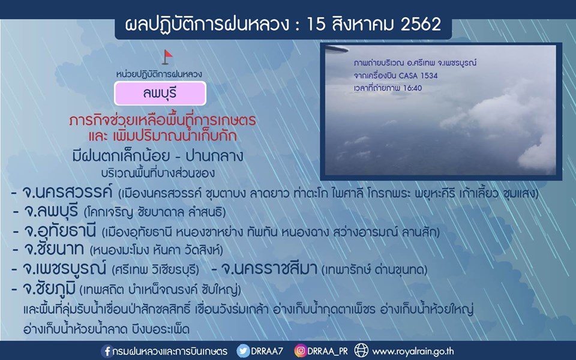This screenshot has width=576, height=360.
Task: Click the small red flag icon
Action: pos(167,57)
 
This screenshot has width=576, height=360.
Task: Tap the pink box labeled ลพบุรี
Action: pos(160,94)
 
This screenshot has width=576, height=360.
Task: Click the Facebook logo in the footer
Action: pos(107,351)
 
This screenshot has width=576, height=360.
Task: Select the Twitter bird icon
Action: pos(243,351)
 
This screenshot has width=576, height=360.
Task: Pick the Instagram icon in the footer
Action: pos(301,351)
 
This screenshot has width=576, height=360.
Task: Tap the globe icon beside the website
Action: pos(361,351)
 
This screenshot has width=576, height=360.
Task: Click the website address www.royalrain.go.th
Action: pos(413,352)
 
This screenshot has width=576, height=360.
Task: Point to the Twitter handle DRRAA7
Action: pos(266,351)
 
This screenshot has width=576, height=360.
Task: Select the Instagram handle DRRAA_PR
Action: pos(328,352)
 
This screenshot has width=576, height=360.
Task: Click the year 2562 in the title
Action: pos(421,24)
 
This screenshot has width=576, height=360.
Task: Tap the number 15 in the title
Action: pos(316,24)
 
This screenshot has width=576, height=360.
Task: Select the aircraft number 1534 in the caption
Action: pos(429,76)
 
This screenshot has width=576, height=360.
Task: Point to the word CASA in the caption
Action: pos(409,76)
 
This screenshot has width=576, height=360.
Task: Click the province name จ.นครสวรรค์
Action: pos(67,193)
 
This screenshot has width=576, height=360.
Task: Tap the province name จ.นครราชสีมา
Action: pos(269,269)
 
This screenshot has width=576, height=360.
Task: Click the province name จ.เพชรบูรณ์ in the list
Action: pos(64,269)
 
